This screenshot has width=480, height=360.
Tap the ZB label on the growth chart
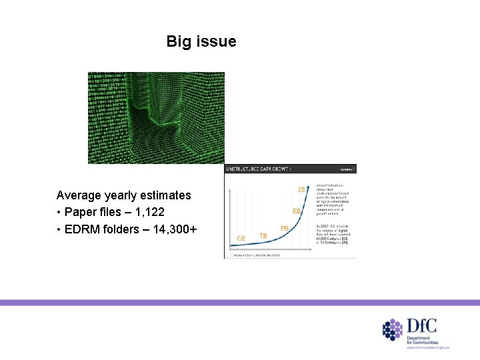click(x=301, y=190)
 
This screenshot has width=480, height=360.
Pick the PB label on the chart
click(x=285, y=228)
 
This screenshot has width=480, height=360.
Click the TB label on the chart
click(x=263, y=236)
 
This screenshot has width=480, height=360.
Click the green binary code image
click(x=156, y=117)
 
